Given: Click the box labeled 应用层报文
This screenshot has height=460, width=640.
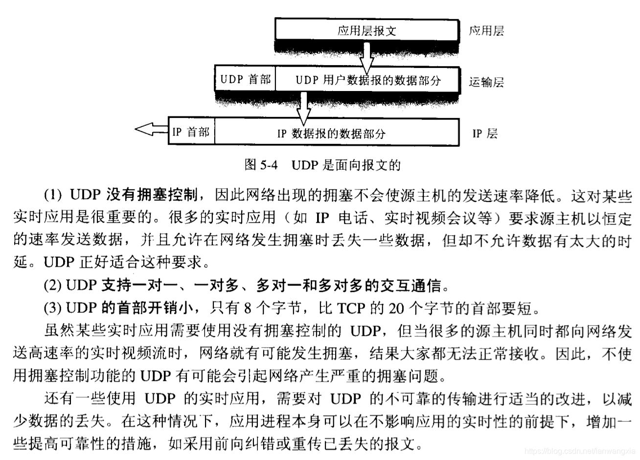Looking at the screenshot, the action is coord(367,30).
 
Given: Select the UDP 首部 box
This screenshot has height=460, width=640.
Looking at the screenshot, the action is coord(245,79).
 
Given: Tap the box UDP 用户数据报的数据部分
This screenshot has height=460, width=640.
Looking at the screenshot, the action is coord(368,80).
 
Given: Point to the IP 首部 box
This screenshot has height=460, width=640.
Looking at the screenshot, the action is coord(191,132).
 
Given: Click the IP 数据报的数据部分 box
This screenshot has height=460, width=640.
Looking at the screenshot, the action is coord(337,133).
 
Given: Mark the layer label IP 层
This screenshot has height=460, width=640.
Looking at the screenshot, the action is coord(485,133).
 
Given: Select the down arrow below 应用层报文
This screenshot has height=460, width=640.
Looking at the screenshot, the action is coord(367,57).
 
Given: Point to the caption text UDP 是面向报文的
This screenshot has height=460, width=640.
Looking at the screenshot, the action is coord(346,165).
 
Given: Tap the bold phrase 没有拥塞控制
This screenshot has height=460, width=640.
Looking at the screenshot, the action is coord(152,195).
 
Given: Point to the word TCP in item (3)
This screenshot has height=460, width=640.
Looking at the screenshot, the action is coord(351,308).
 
